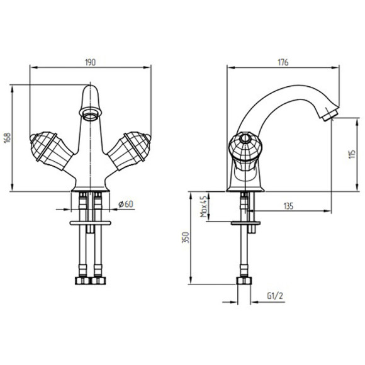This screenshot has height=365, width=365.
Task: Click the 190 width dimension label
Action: pyautogui.click(x=91, y=62)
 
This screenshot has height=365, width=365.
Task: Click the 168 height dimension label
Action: pyautogui.click(x=8, y=138)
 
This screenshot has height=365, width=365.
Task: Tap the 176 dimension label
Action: pyautogui.click(x=283, y=62)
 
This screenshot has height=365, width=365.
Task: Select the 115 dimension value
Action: pyautogui.click(x=352, y=154)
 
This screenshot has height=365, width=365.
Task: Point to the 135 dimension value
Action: pyautogui.click(x=288, y=206)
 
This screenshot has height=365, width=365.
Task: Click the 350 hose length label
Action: pyautogui.click(x=186, y=237)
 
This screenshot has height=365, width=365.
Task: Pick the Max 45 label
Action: pyautogui.click(x=203, y=206)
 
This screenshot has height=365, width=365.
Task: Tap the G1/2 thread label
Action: pyautogui.click(x=275, y=296)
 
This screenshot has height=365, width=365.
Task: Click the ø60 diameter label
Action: pyautogui.click(x=126, y=204)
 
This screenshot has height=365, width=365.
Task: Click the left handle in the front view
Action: pyautogui.click(x=51, y=149)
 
